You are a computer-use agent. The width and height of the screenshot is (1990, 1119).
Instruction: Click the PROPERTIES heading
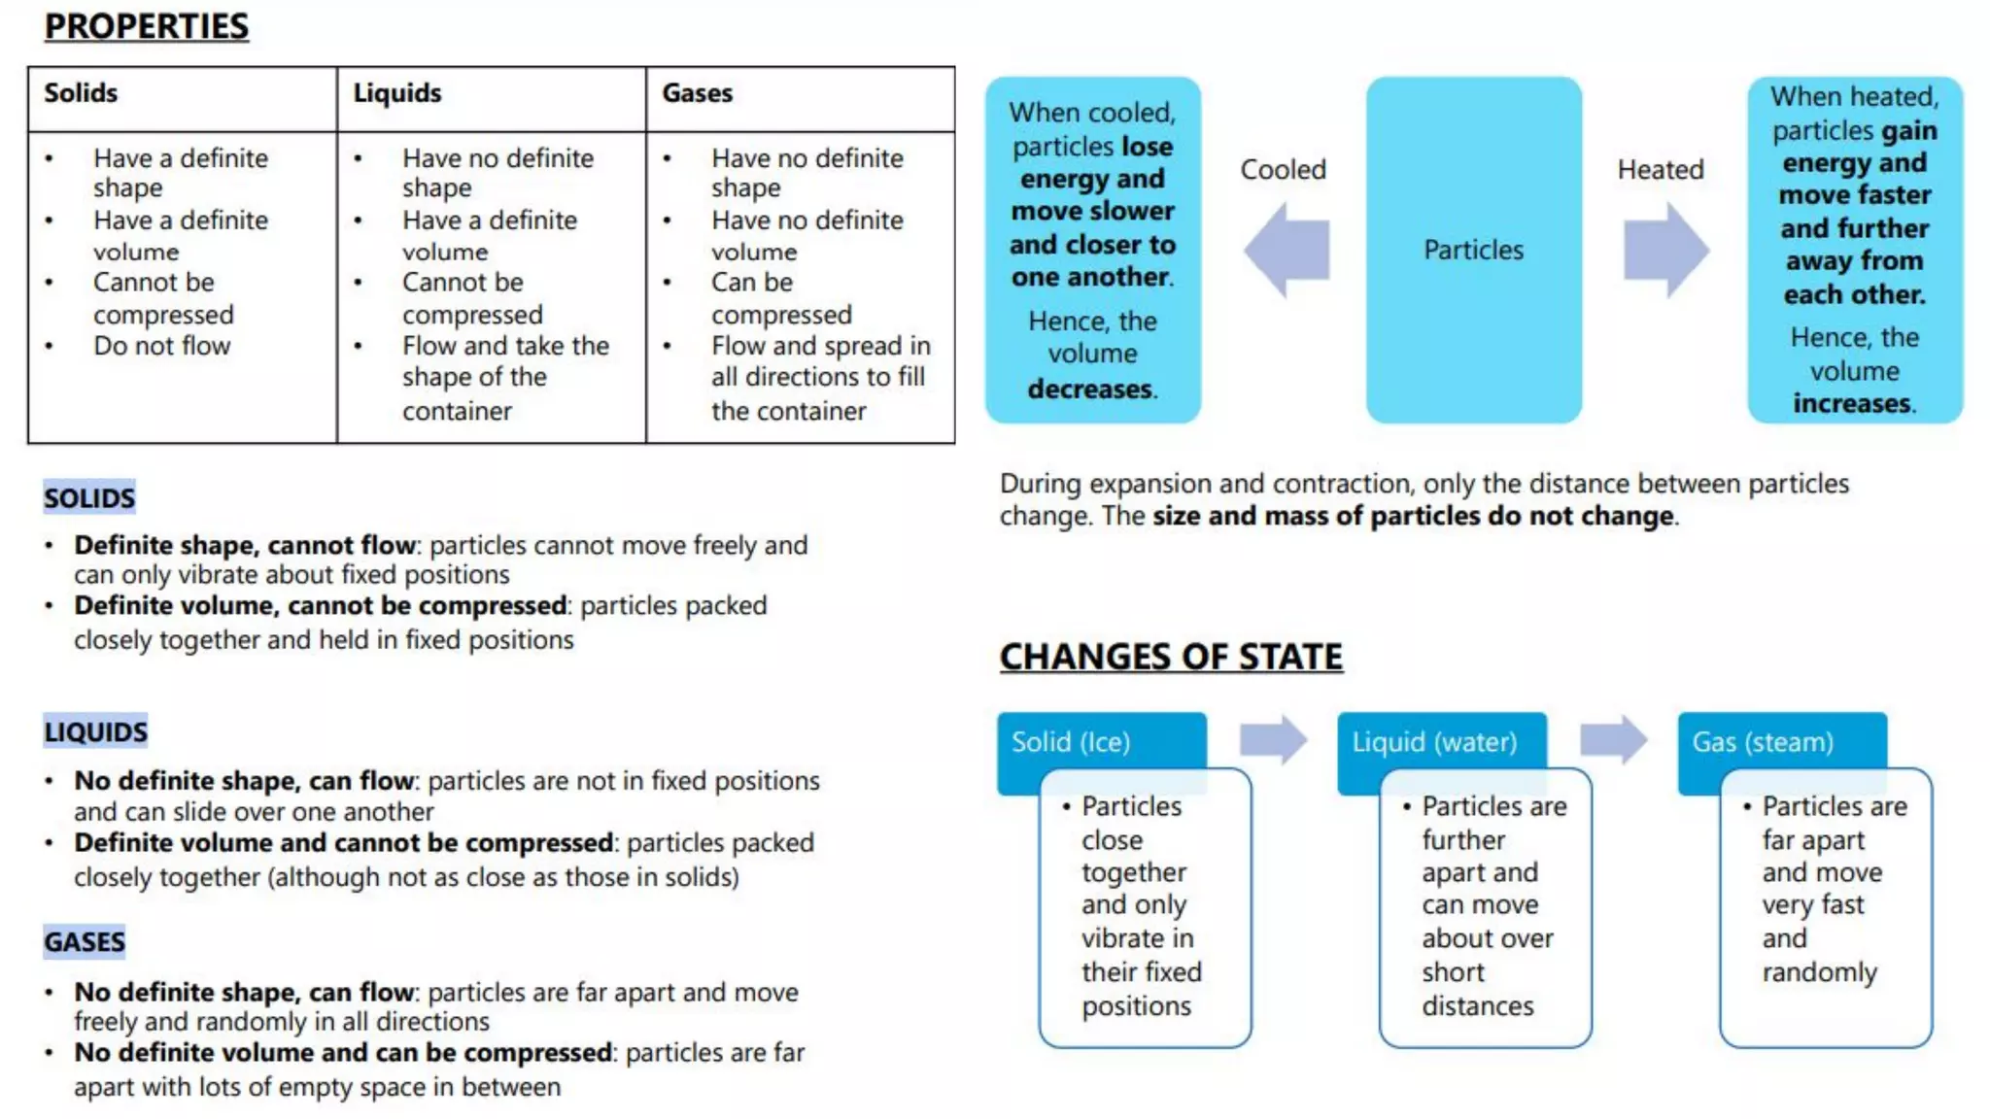tap(147, 26)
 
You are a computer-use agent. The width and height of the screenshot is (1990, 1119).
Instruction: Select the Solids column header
tap(81, 93)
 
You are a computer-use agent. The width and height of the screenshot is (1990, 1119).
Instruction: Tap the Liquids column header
tap(396, 93)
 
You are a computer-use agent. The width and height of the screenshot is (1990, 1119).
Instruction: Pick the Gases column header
tap(697, 93)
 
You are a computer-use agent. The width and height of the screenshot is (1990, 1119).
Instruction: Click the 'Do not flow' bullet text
tap(161, 346)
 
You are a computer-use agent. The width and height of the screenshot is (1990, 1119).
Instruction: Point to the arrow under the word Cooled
tap(1286, 250)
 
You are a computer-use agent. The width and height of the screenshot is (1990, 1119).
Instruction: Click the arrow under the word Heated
tap(1665, 250)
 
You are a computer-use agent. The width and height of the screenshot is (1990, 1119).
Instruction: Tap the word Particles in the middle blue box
tap(1473, 250)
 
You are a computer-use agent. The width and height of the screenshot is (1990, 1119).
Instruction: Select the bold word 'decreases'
tap(1090, 390)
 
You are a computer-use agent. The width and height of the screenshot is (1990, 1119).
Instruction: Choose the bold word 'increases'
tap(1851, 403)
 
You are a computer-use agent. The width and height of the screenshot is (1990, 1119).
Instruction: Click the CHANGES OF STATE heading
tap(1171, 657)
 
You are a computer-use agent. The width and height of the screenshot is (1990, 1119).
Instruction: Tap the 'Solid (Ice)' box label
tap(1071, 742)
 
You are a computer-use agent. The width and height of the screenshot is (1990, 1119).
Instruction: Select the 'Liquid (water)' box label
tap(1434, 742)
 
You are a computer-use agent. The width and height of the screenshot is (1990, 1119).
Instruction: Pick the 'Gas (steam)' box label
tap(1763, 742)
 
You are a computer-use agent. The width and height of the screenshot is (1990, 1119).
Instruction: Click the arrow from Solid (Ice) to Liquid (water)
tap(1273, 740)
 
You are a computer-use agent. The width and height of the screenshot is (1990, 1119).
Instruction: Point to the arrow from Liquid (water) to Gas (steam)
tap(1613, 740)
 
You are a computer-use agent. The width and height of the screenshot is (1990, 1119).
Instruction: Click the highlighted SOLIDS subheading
tap(89, 498)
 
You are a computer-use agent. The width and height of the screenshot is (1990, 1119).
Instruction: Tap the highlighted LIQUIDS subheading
tap(95, 731)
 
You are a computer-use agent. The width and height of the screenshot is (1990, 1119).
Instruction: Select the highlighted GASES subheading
tap(85, 942)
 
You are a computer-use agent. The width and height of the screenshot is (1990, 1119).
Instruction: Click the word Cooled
tap(1283, 170)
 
